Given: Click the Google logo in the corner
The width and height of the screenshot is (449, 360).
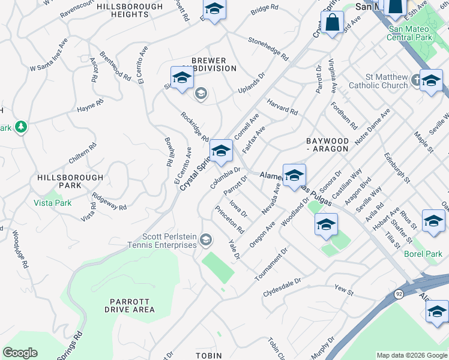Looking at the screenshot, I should pyautogui.click(x=20, y=353).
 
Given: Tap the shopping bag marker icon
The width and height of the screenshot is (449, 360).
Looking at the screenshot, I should pyautogui.click(x=332, y=23).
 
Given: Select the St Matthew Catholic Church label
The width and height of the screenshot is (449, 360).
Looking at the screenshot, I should pyautogui.click(x=387, y=82).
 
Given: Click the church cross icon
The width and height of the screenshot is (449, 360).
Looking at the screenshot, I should pyautogui.click(x=418, y=79).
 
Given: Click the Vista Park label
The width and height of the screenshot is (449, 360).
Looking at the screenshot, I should pyautogui.click(x=52, y=203).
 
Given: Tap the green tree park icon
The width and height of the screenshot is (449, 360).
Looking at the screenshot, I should pyautogui.click(x=22, y=127).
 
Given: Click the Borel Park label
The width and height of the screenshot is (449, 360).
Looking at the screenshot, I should pyautogui.click(x=422, y=254).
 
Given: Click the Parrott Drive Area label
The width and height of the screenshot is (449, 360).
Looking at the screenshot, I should pyautogui.click(x=130, y=305).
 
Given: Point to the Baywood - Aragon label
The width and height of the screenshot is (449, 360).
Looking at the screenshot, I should pyautogui.click(x=327, y=144).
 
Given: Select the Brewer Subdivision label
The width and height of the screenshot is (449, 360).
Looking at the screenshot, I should pyautogui.click(x=209, y=65).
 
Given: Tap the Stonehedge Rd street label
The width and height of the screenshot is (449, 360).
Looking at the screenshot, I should pyautogui.click(x=268, y=47).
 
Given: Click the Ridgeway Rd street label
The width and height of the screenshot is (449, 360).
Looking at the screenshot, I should pyautogui.click(x=110, y=203).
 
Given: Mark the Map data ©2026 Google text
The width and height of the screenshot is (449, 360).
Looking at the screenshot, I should pyautogui.click(x=412, y=355).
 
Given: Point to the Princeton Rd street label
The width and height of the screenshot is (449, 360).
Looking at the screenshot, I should pyautogui.click(x=230, y=220).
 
